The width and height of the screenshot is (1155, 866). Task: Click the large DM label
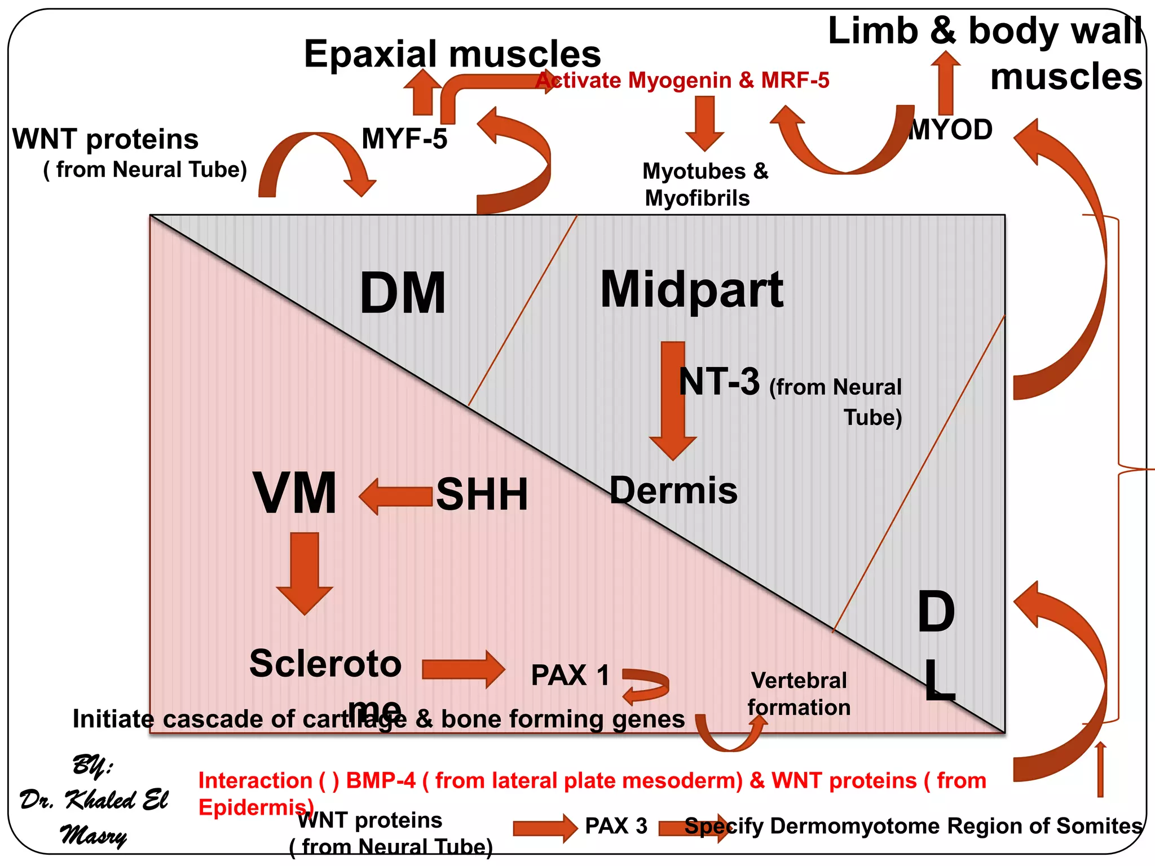[403, 293]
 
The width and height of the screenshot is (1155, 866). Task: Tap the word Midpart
[691, 290]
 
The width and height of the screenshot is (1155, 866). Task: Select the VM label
[295, 493]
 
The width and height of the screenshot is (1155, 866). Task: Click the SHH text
[482, 494]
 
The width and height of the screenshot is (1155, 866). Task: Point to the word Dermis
[673, 490]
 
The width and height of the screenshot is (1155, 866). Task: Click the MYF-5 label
[404, 139]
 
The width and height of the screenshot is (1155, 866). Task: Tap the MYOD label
[951, 130]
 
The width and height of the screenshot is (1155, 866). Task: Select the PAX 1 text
[570, 675]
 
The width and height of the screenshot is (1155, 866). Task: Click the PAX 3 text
[616, 826]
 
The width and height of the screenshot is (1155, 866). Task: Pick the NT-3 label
[719, 382]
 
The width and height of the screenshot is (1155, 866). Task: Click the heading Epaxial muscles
[452, 54]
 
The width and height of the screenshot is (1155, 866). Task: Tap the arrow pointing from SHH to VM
[396, 496]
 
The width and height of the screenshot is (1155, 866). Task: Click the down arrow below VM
[305, 572]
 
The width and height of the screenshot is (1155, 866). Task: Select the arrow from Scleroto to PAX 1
[462, 669]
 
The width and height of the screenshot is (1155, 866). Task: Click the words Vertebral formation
[799, 694]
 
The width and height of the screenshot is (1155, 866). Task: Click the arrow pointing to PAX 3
[544, 828]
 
